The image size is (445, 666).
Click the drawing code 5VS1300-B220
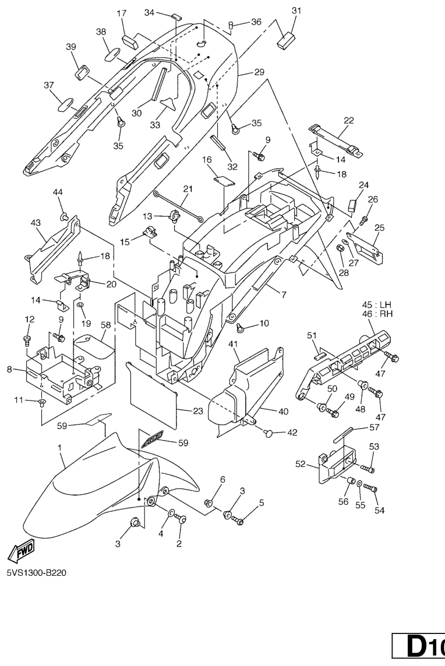point(36,572)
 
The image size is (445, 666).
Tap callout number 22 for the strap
point(349,121)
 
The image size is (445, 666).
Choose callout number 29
point(259,72)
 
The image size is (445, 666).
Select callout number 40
point(267,411)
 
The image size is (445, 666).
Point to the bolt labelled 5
point(239,521)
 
